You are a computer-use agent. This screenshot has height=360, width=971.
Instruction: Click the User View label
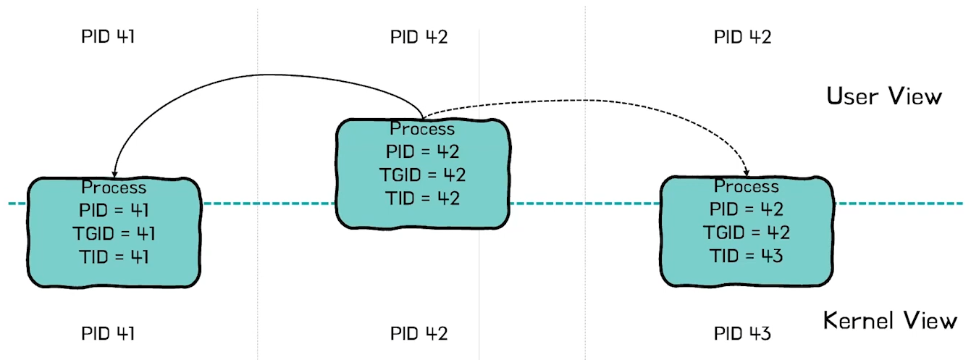pyautogui.click(x=884, y=96)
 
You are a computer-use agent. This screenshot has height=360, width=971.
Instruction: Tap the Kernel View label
pyautogui.click(x=890, y=320)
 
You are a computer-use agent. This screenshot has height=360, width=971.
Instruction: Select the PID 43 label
pyautogui.click(x=742, y=333)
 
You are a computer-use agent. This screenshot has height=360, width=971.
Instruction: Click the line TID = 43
pyautogui.click(x=746, y=256)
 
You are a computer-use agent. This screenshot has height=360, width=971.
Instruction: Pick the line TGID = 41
pyautogui.click(x=114, y=233)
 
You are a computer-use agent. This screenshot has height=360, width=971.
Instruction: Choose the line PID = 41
pyautogui.click(x=114, y=211)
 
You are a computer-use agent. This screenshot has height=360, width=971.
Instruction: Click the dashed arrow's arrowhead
pyautogui.click(x=746, y=172)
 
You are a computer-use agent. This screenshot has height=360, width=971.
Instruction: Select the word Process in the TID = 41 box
pyautogui.click(x=114, y=188)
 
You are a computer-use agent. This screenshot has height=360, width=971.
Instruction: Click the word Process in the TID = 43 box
pyautogui.click(x=746, y=186)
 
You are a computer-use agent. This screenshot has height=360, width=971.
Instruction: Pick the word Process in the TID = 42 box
pyautogui.click(x=423, y=129)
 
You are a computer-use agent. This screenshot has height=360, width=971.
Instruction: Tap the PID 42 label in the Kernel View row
pyautogui.click(x=419, y=333)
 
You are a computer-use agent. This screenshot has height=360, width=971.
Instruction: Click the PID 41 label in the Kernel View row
pyautogui.click(x=108, y=333)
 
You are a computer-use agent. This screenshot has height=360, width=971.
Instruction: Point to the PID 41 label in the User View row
pyautogui.click(x=108, y=36)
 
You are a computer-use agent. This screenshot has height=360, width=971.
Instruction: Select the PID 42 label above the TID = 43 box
pyautogui.click(x=742, y=36)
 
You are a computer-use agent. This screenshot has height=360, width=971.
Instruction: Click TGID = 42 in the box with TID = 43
pyautogui.click(x=746, y=233)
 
